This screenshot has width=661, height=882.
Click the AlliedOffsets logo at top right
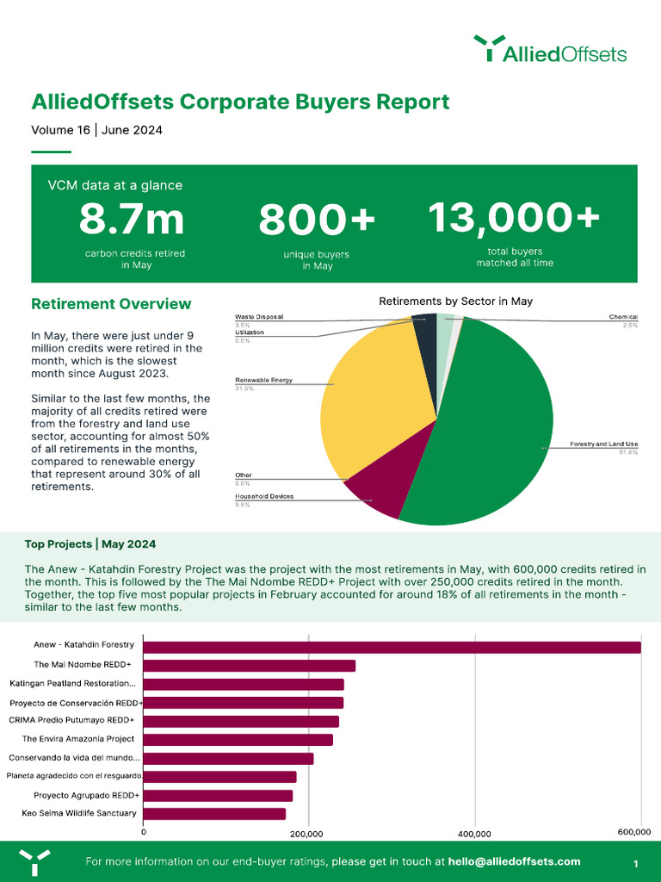tap(551, 49)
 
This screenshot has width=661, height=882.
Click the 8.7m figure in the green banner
tap(132, 219)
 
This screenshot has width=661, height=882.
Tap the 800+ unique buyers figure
tap(318, 220)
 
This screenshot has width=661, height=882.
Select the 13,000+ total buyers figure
tap(514, 217)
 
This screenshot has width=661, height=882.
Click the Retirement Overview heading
tap(111, 304)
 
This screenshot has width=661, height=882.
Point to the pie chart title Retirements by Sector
tap(455, 301)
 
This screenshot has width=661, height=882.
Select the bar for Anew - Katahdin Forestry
tap(392, 647)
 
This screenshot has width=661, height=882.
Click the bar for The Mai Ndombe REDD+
tap(250, 666)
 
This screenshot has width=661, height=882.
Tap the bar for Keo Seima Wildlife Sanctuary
tap(214, 813)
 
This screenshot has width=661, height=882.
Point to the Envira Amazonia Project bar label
tap(77, 739)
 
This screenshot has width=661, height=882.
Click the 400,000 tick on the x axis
tap(474, 834)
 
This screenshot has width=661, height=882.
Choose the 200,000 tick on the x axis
tap(307, 834)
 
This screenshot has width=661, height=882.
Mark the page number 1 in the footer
tap(635, 863)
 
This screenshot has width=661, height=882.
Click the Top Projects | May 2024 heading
tap(90, 544)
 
